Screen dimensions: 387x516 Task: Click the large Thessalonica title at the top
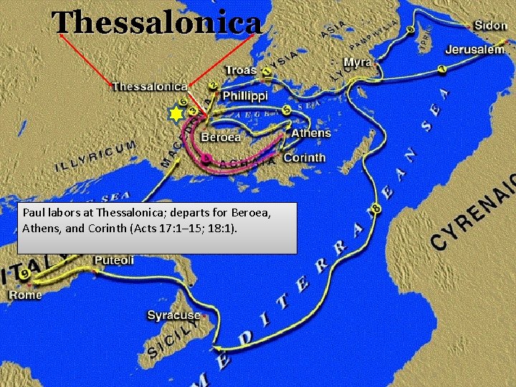pyautogui.click(x=157, y=22)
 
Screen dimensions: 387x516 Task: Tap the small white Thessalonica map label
pyautogui.click(x=150, y=87)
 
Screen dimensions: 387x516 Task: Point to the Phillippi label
pyautogui.click(x=245, y=95)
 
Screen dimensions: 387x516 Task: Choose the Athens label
pyautogui.click(x=311, y=133)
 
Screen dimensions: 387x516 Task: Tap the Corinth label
pyautogui.click(x=305, y=158)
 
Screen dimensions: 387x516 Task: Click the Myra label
pyautogui.click(x=358, y=62)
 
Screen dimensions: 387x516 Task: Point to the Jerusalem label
pyautogui.click(x=474, y=49)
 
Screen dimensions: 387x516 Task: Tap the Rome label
pyautogui.click(x=26, y=295)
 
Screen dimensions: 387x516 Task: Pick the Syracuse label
pyautogui.click(x=173, y=315)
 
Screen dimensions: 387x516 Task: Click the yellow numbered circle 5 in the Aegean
pyautogui.click(x=286, y=110)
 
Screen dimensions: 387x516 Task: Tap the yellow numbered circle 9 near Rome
pyautogui.click(x=25, y=272)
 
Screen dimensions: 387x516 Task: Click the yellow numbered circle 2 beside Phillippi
pyautogui.click(x=212, y=87)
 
